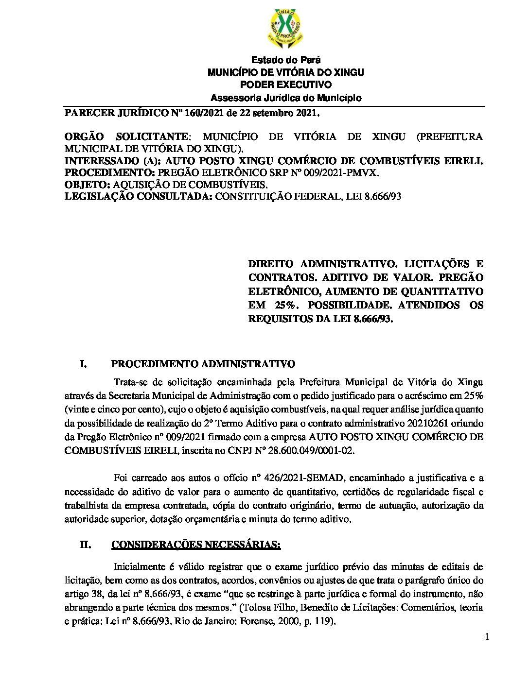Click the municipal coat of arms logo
[x=285, y=28]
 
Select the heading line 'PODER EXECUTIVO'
[x=286, y=85]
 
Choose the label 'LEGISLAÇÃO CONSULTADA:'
[x=139, y=197]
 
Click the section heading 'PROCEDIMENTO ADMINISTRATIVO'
[x=203, y=364]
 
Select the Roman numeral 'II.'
[x=86, y=545]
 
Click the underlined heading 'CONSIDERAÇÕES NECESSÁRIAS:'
[x=196, y=545]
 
